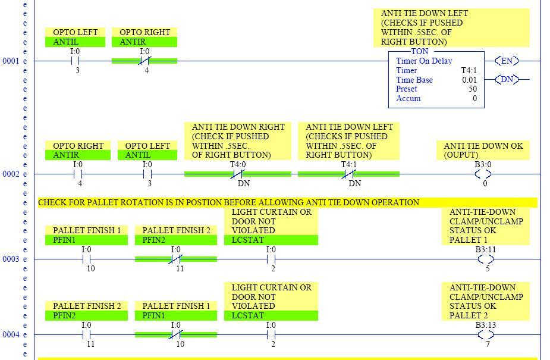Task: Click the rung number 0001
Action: pyautogui.click(x=11, y=61)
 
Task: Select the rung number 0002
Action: pyautogui.click(x=11, y=174)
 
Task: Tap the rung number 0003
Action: pyautogui.click(x=11, y=259)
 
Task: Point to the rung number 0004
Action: pyautogui.click(x=11, y=335)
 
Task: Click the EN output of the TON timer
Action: pyautogui.click(x=507, y=61)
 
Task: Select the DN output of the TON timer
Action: pyautogui.click(x=507, y=79)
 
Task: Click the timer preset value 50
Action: pyautogui.click(x=472, y=89)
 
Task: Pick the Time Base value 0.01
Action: pyautogui.click(x=470, y=80)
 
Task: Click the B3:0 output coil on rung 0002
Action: pyautogui.click(x=483, y=174)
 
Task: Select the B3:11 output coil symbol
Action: pyautogui.click(x=486, y=259)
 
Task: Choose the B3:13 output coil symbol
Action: pyautogui.click(x=486, y=335)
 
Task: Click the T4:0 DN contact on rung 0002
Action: pyautogui.click(x=238, y=174)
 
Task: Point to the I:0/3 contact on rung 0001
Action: pyautogui.click(x=76, y=61)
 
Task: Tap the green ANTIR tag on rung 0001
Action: pyautogui.click(x=144, y=42)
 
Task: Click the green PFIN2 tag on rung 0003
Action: pyautogui.click(x=175, y=240)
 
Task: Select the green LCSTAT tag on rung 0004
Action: pyautogui.click(x=271, y=316)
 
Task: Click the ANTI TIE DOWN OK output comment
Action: pyautogui.click(x=484, y=150)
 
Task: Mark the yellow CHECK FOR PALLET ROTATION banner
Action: pyautogui.click(x=287, y=203)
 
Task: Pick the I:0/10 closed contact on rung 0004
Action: pyautogui.click(x=176, y=335)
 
